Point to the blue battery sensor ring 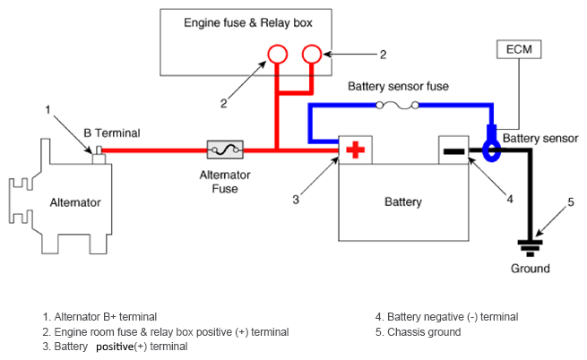click(x=490, y=150)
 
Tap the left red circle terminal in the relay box click(x=275, y=56)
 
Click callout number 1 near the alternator click(x=48, y=109)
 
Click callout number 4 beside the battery click(x=510, y=199)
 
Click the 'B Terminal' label click(x=111, y=133)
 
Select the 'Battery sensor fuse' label click(x=398, y=86)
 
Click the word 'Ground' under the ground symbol click(x=530, y=268)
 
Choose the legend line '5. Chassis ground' click(x=418, y=331)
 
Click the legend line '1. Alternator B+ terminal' click(x=99, y=316)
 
